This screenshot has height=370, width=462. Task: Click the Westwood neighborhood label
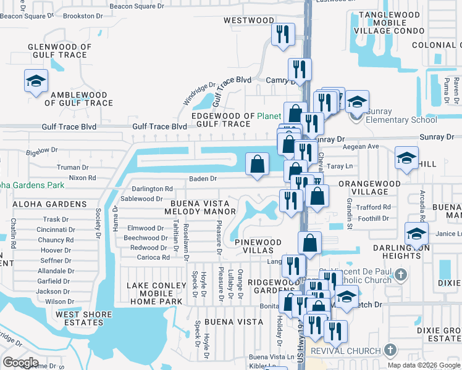[x=248, y=20]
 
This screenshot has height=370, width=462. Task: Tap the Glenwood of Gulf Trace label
[x=60, y=51]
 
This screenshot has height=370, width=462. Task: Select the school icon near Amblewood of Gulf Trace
[x=36, y=82]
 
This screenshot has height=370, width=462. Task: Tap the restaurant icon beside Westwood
[x=283, y=35]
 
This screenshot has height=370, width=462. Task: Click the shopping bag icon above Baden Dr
[x=258, y=165]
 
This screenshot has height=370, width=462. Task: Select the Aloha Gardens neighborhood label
[x=40, y=203]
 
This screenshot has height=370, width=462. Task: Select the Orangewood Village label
[x=363, y=187]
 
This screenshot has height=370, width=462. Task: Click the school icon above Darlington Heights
[x=416, y=235]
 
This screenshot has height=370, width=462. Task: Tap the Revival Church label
[x=345, y=351]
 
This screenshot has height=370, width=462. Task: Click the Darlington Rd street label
[x=151, y=189]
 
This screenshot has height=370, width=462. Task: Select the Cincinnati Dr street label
[x=56, y=229]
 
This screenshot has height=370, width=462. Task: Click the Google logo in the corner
[x=21, y=363]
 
